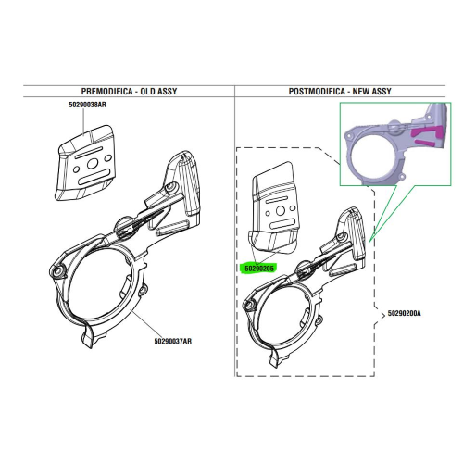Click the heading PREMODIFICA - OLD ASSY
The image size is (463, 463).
coord(129,92)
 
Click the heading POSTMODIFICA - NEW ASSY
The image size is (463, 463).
coord(340,92)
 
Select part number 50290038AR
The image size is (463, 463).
coord(87,105)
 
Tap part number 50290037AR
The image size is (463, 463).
coord(173,341)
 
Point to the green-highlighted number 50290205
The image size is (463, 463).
coord(259,269)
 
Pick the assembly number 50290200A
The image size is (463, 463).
coord(404,313)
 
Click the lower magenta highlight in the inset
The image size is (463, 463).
coord(424,143)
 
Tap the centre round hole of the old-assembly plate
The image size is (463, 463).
coord(92,164)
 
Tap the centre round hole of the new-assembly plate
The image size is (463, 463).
coord(281,211)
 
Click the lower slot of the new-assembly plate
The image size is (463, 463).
coord(282,223)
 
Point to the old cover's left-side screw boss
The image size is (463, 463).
coord(57,271)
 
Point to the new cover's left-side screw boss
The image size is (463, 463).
coord(248,306)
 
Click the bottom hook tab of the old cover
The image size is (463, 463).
coord(87,337)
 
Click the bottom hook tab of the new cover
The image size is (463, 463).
coord(273,358)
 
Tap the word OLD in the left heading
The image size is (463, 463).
coord(148,92)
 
